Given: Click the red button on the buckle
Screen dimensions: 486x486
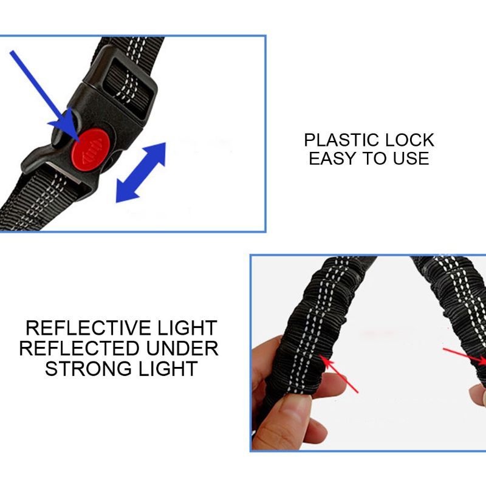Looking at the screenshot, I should coord(89,148).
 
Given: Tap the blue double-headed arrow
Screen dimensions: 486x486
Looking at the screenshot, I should coord(140,173).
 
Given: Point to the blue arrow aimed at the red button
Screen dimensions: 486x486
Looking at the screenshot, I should coord(43,91).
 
